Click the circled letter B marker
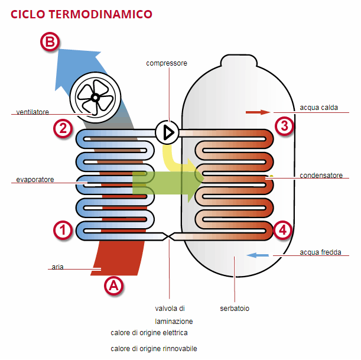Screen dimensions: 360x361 point(50,42)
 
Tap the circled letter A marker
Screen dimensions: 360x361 point(113,286)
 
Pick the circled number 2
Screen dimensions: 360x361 point(62,128)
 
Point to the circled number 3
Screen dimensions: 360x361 point(284,125)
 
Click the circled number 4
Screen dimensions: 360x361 point(284,230)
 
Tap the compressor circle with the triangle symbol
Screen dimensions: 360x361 point(168,132)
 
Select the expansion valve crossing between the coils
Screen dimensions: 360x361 point(169,236)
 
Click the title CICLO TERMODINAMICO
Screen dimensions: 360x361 point(81,14)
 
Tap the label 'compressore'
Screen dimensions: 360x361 point(167,63)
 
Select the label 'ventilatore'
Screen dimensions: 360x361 point(32,112)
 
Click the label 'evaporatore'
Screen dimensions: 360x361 point(35,179)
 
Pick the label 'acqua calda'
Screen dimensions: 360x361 point(319,108)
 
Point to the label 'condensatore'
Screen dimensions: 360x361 point(321,176)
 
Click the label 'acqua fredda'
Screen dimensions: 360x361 point(320,252)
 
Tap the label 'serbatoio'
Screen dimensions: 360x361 point(235,309)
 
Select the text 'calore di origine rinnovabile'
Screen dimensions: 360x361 point(154,349)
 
